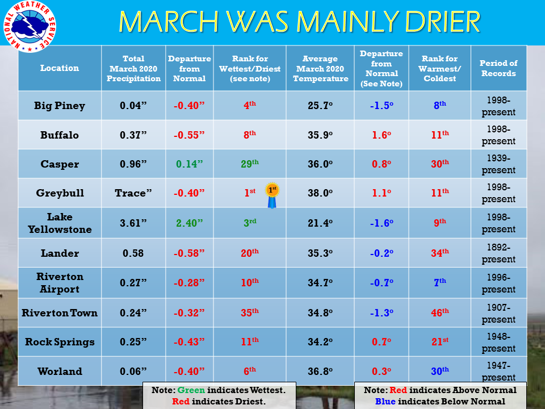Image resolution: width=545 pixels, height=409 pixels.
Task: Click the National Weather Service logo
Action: [30, 27]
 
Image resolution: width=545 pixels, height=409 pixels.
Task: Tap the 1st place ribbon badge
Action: [272, 195]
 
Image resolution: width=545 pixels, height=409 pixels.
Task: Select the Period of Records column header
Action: [498, 68]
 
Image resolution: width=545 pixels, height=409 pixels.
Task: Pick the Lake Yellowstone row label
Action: [60, 223]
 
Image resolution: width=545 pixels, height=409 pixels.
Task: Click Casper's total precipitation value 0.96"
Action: [133, 164]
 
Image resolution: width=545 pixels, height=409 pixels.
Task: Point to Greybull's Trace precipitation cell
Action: [133, 193]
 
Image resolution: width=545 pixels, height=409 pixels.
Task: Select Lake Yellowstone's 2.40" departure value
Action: [190, 223]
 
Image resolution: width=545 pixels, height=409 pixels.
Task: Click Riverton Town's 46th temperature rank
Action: [440, 312]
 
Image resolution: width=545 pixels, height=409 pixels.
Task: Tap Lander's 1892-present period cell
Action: [498, 253]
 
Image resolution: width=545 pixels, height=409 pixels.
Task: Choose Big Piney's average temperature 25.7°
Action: [320, 106]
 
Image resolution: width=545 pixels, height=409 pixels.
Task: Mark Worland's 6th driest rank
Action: [250, 371]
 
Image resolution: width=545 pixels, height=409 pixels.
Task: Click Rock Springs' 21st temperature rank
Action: [440, 341]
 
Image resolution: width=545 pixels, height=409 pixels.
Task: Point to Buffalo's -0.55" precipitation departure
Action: [189, 135]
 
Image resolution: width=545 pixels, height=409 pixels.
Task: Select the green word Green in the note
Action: [191, 390]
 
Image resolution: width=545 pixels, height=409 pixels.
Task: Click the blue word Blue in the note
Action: [385, 402]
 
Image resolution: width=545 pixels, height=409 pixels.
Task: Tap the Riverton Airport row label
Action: [60, 283]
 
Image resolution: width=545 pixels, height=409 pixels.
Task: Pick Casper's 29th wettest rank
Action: [250, 164]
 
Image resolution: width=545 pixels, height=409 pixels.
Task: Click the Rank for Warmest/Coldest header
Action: [439, 69]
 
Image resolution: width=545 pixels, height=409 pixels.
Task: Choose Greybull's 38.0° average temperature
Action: [320, 193]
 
